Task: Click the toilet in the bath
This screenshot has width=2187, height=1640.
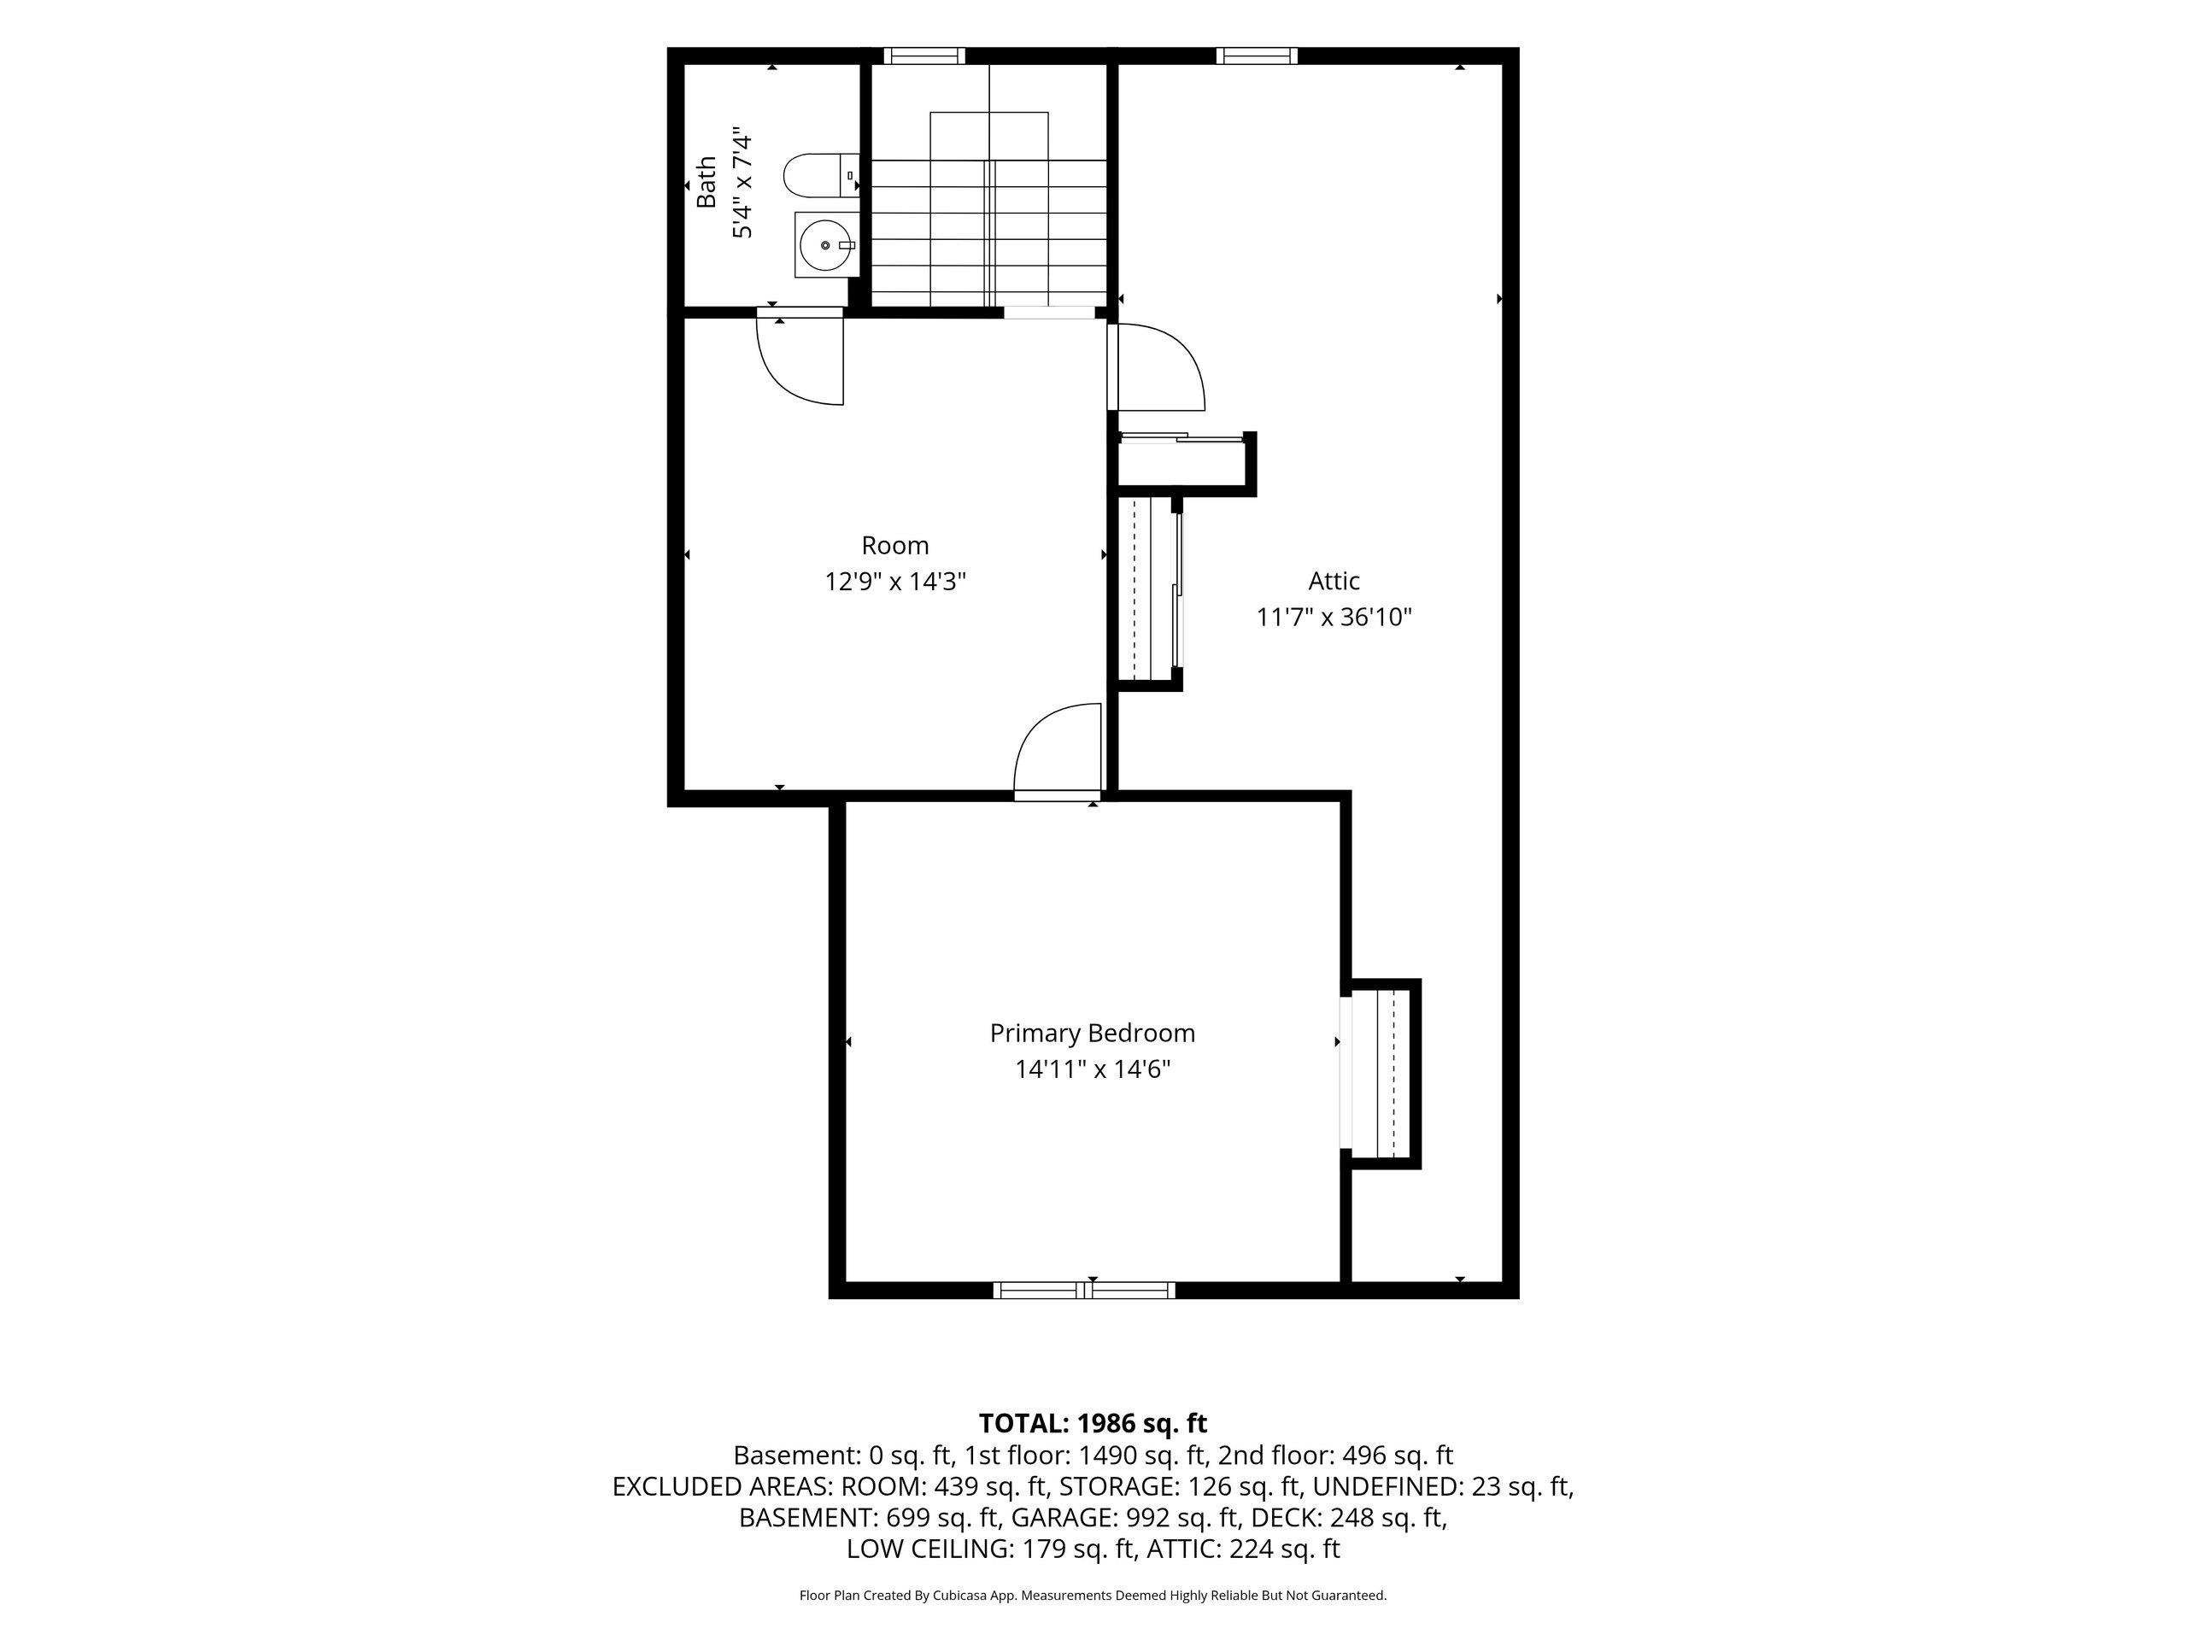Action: coord(821,176)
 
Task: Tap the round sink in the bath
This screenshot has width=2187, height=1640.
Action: coord(825,244)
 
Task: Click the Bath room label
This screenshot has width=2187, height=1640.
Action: coord(706,182)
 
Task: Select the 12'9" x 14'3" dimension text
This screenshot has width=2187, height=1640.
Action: coord(894,582)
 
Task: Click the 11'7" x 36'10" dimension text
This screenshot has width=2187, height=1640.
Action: coord(1334,617)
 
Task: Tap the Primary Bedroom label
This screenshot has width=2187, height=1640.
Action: coord(1093,1033)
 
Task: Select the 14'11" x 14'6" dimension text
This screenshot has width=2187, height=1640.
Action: coord(1093,1069)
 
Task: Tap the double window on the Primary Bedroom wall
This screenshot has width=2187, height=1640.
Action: coord(1085,1290)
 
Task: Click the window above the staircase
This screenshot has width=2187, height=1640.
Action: coord(924,56)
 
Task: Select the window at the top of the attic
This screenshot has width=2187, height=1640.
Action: coord(1257,56)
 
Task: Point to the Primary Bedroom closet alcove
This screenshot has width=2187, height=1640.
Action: coord(1381,1074)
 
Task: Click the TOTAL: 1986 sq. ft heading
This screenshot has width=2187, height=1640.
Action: coord(1093,1424)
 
